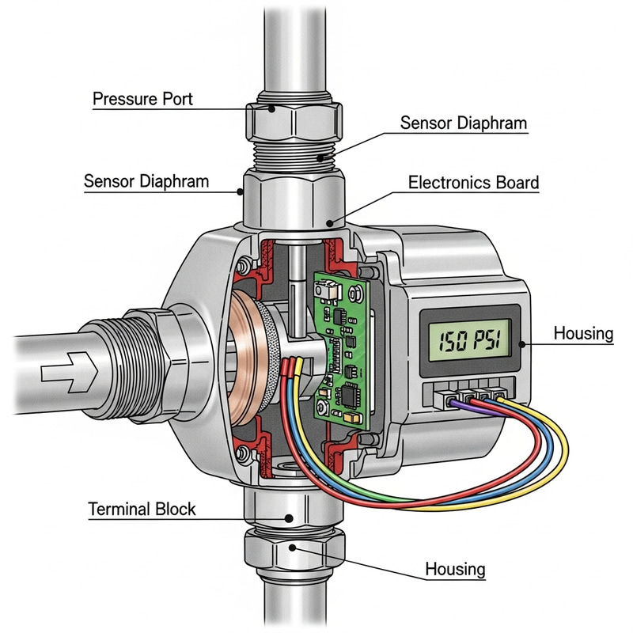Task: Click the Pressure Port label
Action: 142,100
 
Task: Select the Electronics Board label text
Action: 473,183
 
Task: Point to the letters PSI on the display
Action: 487,336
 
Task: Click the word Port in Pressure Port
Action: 175,100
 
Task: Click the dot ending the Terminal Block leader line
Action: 290,518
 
